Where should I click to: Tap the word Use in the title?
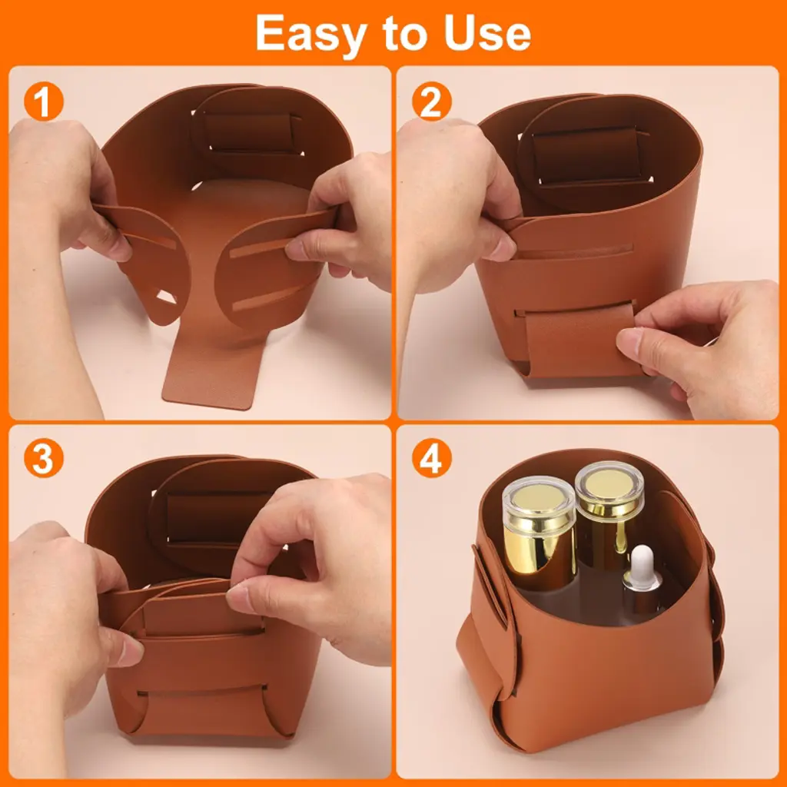(487, 33)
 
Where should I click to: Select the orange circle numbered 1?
(44, 101)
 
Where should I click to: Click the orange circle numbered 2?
(432, 101)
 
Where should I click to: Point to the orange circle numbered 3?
(44, 458)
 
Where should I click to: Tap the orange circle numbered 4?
(432, 458)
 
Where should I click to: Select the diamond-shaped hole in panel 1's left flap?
(166, 297)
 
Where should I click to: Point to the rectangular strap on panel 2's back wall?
(586, 154)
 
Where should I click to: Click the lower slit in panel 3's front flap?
(201, 691)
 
